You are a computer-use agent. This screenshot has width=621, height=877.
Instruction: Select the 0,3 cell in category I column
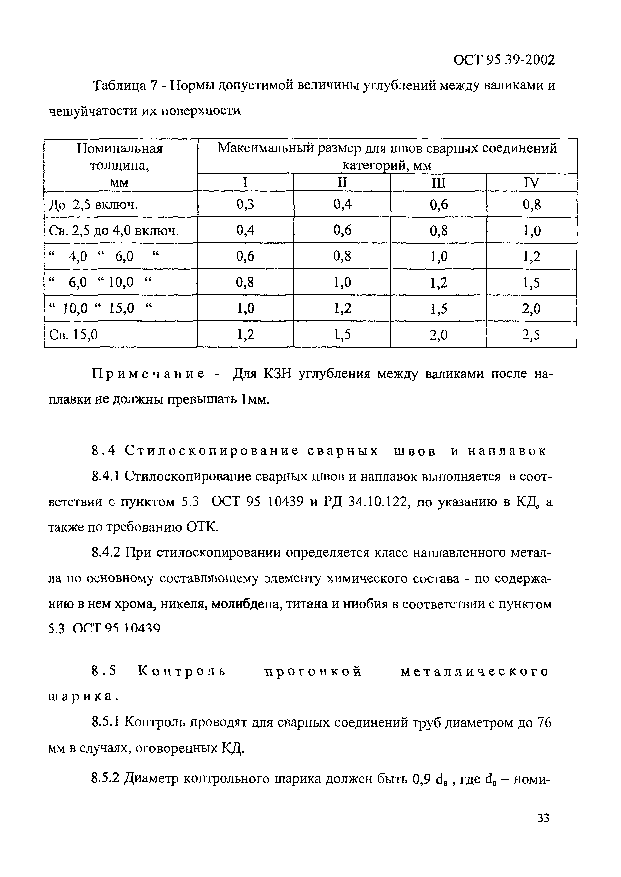245,205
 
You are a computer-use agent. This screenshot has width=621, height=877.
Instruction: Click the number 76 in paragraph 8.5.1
544,723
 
